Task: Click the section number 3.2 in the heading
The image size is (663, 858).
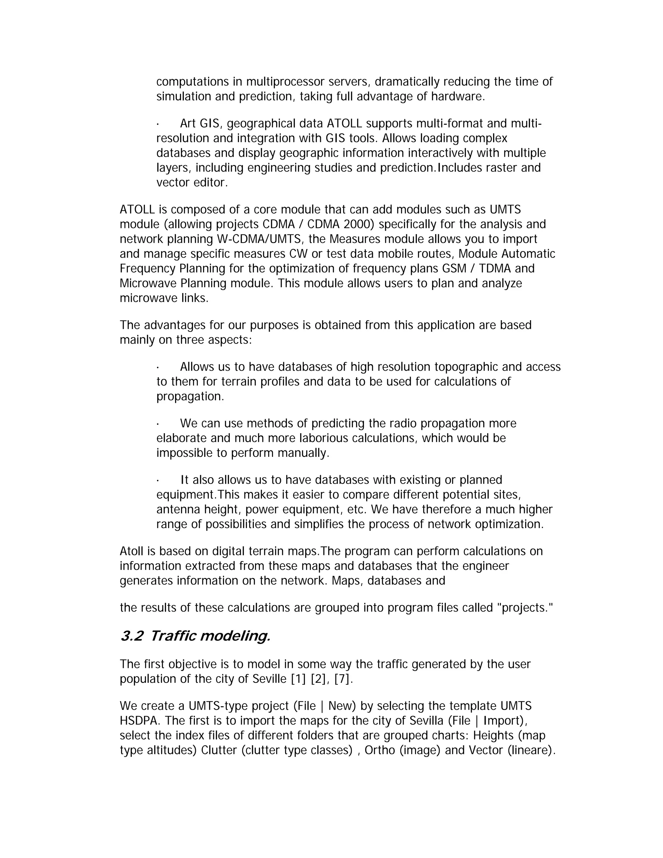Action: point(131,636)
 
